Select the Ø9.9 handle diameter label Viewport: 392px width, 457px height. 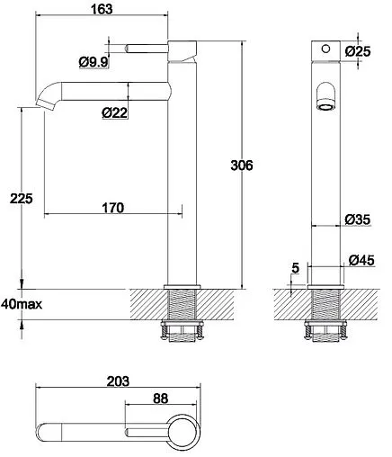[94, 61]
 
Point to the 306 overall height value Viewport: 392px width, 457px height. [242, 166]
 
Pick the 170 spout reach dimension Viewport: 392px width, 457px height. [111, 208]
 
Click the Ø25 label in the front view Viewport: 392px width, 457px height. [359, 50]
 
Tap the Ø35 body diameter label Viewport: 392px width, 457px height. [359, 220]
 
